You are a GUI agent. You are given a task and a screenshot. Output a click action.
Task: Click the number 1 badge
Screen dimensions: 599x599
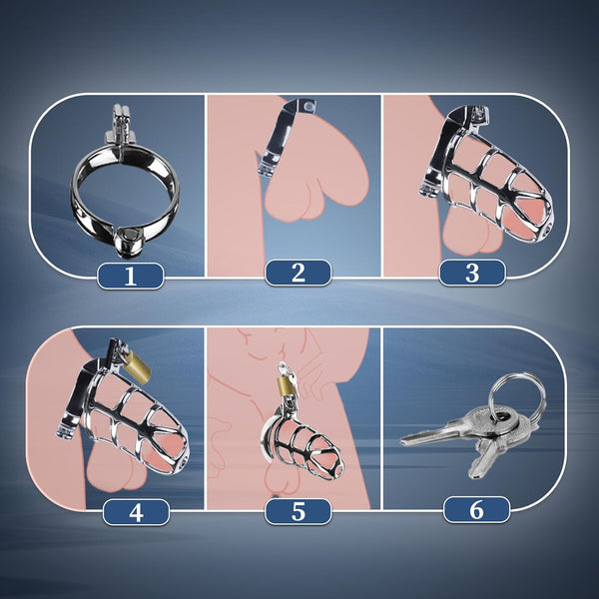[129, 274]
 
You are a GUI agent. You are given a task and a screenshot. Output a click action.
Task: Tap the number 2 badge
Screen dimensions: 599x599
[298, 273]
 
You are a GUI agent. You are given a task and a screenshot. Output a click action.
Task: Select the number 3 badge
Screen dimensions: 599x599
[471, 273]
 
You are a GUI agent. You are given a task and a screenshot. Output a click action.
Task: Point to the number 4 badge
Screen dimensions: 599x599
[136, 512]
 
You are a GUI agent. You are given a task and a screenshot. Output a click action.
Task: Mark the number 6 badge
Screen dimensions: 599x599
[476, 510]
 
